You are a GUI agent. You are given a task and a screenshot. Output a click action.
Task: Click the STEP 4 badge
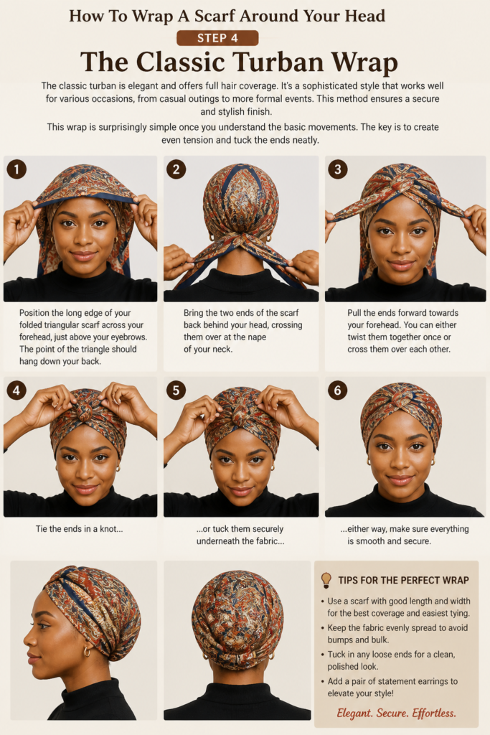coord(217,38)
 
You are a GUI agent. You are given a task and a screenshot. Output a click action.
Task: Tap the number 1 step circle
coord(17,169)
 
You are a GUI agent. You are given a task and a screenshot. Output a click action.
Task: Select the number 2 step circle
coord(176,169)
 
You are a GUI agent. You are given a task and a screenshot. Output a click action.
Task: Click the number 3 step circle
coord(338,169)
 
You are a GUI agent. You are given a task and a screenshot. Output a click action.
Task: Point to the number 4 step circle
coord(17,390)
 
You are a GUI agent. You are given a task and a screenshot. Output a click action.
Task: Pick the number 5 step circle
coord(176,390)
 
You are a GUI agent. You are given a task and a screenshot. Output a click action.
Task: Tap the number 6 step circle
coord(338,390)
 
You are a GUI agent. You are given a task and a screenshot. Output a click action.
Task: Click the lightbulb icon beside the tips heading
coord(326,580)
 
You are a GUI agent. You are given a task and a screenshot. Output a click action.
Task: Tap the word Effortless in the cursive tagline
coord(434,713)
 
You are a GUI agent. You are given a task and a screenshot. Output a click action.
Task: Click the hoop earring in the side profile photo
coord(87,652)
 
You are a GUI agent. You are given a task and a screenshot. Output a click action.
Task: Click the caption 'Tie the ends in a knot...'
coord(79,529)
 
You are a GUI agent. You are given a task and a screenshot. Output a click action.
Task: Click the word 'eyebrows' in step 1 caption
coord(127,337)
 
